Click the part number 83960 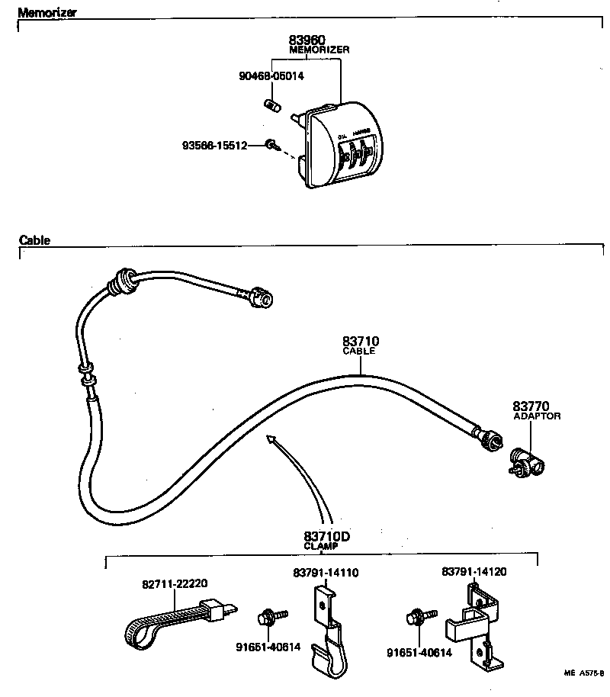coord(308,40)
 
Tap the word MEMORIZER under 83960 coord(319,50)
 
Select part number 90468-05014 coord(270,76)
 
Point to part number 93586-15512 coord(214,145)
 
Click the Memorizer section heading coord(47,13)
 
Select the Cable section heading coord(34,240)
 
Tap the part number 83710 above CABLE coord(361,342)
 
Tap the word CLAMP coord(321,547)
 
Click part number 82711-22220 coord(175,583)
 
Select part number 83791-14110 coord(326,573)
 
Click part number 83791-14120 coord(474,571)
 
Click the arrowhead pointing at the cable coord(269,438)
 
